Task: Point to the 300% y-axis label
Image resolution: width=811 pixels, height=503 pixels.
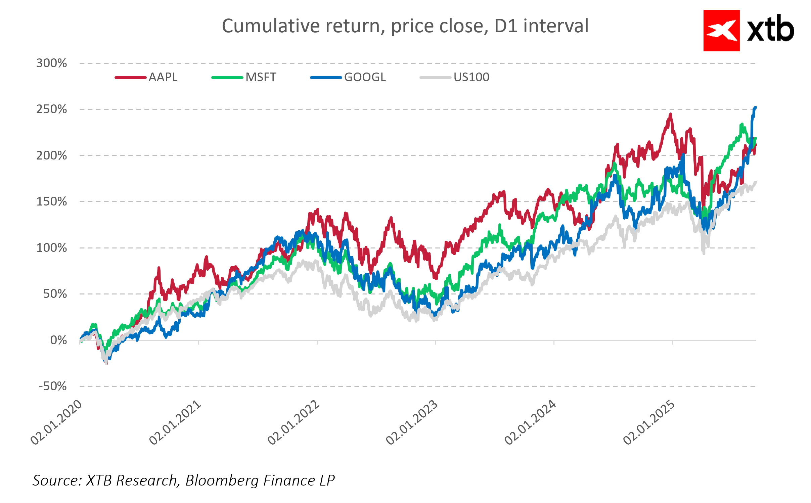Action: tap(51, 63)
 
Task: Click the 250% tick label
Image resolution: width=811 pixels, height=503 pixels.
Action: tap(51, 109)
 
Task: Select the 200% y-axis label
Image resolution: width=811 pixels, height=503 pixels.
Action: tap(51, 155)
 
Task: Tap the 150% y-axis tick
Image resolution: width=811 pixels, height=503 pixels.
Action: tap(51, 201)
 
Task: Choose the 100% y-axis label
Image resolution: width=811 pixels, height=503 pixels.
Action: tap(51, 248)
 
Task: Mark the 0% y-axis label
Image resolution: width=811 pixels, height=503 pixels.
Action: tap(58, 340)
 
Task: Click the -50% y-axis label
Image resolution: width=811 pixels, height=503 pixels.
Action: tap(53, 386)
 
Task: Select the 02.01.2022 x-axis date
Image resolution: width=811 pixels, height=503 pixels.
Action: tap(294, 422)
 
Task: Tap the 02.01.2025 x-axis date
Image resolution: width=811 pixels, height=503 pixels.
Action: tap(649, 422)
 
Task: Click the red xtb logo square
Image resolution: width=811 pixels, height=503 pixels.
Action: tap(721, 31)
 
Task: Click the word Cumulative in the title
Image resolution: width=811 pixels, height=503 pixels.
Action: tap(271, 26)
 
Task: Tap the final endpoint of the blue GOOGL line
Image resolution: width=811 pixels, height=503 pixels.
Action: tap(755, 108)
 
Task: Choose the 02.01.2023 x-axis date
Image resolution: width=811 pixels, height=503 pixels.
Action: tap(412, 422)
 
